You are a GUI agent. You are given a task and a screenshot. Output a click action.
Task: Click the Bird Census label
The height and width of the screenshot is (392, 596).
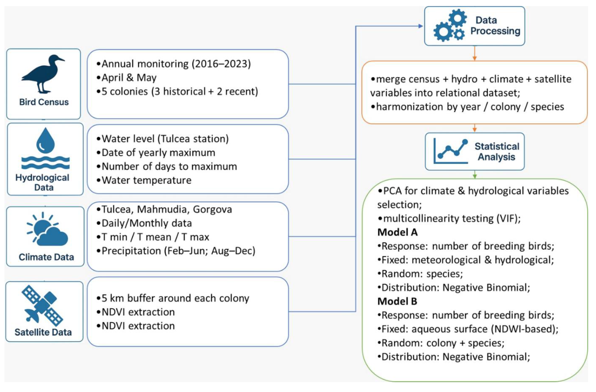coord(44,102)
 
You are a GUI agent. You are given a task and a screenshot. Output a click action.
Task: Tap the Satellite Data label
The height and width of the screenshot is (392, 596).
coord(43,332)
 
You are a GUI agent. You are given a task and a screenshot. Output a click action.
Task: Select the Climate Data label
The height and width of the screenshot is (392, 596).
coord(46,257)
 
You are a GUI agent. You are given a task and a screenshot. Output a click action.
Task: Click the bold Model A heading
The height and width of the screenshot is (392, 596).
coord(397,232)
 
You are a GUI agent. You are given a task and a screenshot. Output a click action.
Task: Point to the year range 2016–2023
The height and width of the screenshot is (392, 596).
coord(221,64)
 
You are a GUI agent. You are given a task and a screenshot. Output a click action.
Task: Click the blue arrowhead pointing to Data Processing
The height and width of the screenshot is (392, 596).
coord(421,26)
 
